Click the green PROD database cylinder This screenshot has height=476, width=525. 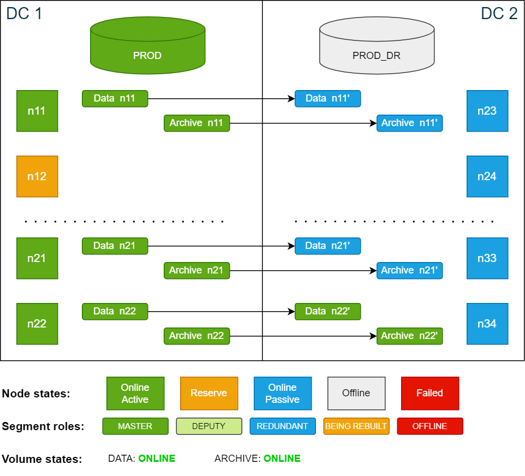click(147, 46)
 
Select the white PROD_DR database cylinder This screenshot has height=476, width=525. click(377, 46)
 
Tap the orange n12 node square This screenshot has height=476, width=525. click(37, 176)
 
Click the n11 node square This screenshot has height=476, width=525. click(37, 111)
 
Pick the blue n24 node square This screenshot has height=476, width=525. click(487, 176)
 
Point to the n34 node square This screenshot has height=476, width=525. click(487, 324)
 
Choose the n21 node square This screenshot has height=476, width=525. click(37, 258)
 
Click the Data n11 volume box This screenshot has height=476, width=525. click(115, 99)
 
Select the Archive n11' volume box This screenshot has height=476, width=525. click(409, 123)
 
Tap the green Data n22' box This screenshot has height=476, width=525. click(327, 312)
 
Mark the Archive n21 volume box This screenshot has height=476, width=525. click(196, 271)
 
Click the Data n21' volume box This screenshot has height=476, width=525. click(327, 246)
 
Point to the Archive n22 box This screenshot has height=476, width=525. click(196, 336)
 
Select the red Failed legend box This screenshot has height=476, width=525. click(430, 393)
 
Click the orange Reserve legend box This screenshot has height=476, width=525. click(209, 393)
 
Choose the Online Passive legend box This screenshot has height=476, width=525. click(283, 393)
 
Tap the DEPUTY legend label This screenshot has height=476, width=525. click(209, 426)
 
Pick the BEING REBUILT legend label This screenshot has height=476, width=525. click(356, 426)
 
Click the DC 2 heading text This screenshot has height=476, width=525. click(499, 13)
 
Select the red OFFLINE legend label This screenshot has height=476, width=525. click(429, 426)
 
